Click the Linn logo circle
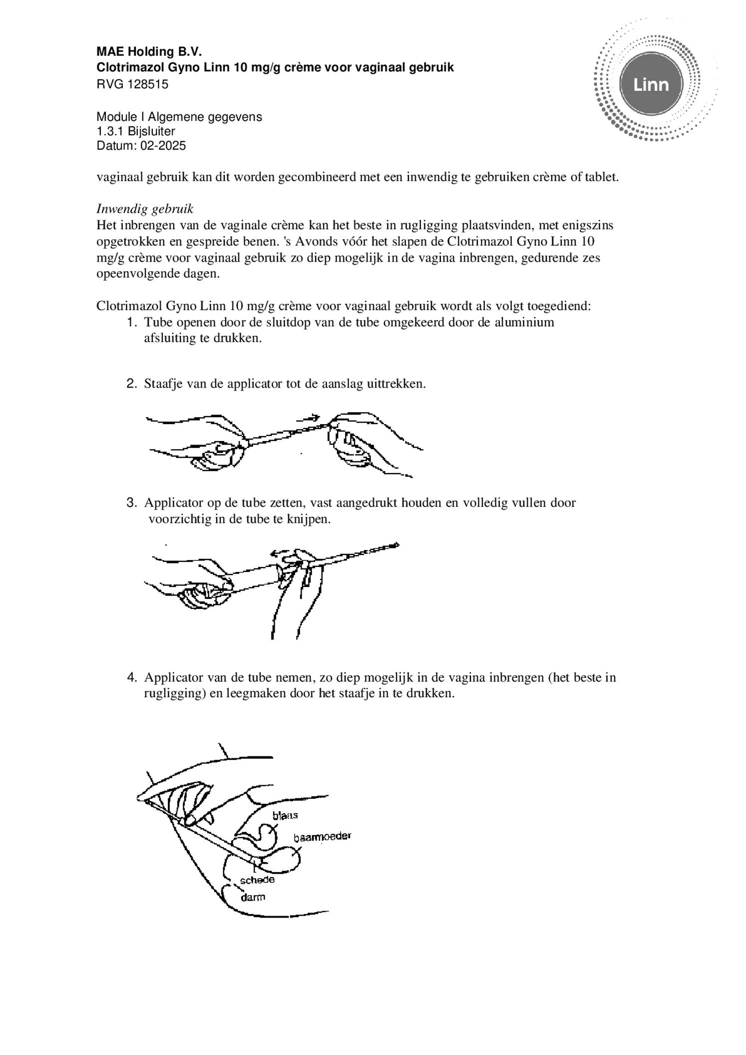click(651, 84)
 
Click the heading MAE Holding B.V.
click(149, 52)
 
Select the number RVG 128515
click(132, 84)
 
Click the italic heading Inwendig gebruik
click(145, 208)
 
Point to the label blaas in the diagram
click(285, 815)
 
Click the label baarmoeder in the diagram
click(322, 837)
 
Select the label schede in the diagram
click(257, 880)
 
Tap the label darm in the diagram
click(253, 897)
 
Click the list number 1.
click(131, 322)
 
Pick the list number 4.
click(131, 678)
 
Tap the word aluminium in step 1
click(524, 322)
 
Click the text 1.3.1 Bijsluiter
click(136, 131)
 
